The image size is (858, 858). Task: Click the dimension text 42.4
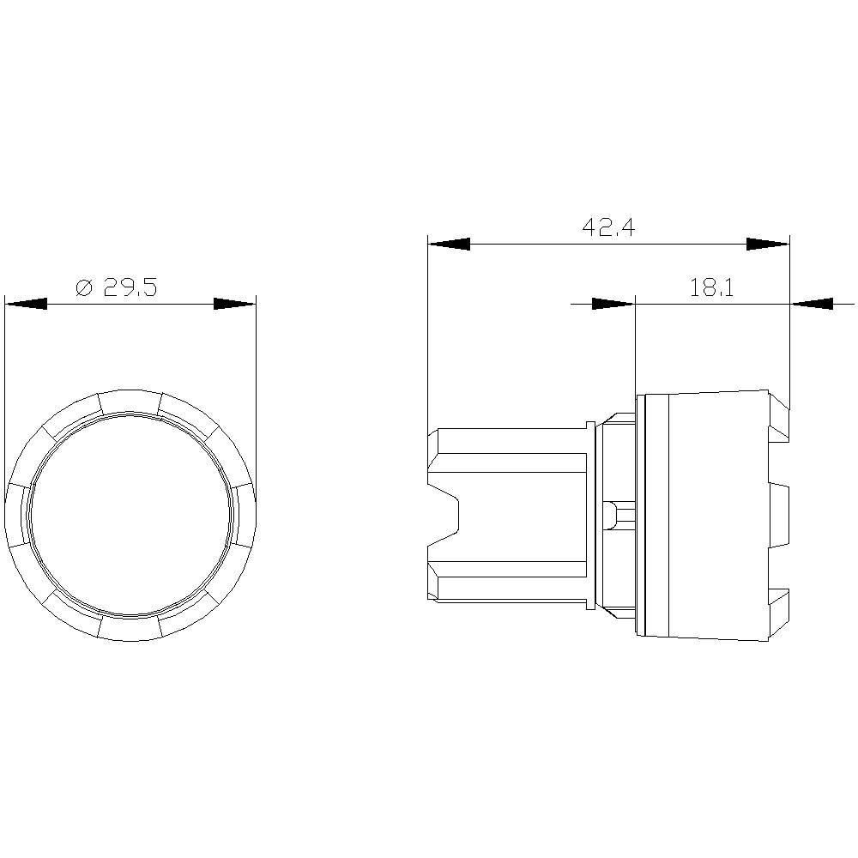tap(608, 227)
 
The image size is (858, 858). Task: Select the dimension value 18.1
tap(711, 287)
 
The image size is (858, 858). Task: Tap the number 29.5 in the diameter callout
tap(130, 287)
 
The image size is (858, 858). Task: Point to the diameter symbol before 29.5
tap(84, 287)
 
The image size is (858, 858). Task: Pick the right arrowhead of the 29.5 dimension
tap(234, 304)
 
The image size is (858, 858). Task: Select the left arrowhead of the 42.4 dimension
tap(449, 245)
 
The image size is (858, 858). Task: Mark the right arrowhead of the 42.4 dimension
tap(767, 245)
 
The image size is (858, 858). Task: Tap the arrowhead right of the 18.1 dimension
tap(811, 304)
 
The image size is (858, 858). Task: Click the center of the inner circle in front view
tap(130, 517)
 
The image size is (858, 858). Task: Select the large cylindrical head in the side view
tap(704, 515)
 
